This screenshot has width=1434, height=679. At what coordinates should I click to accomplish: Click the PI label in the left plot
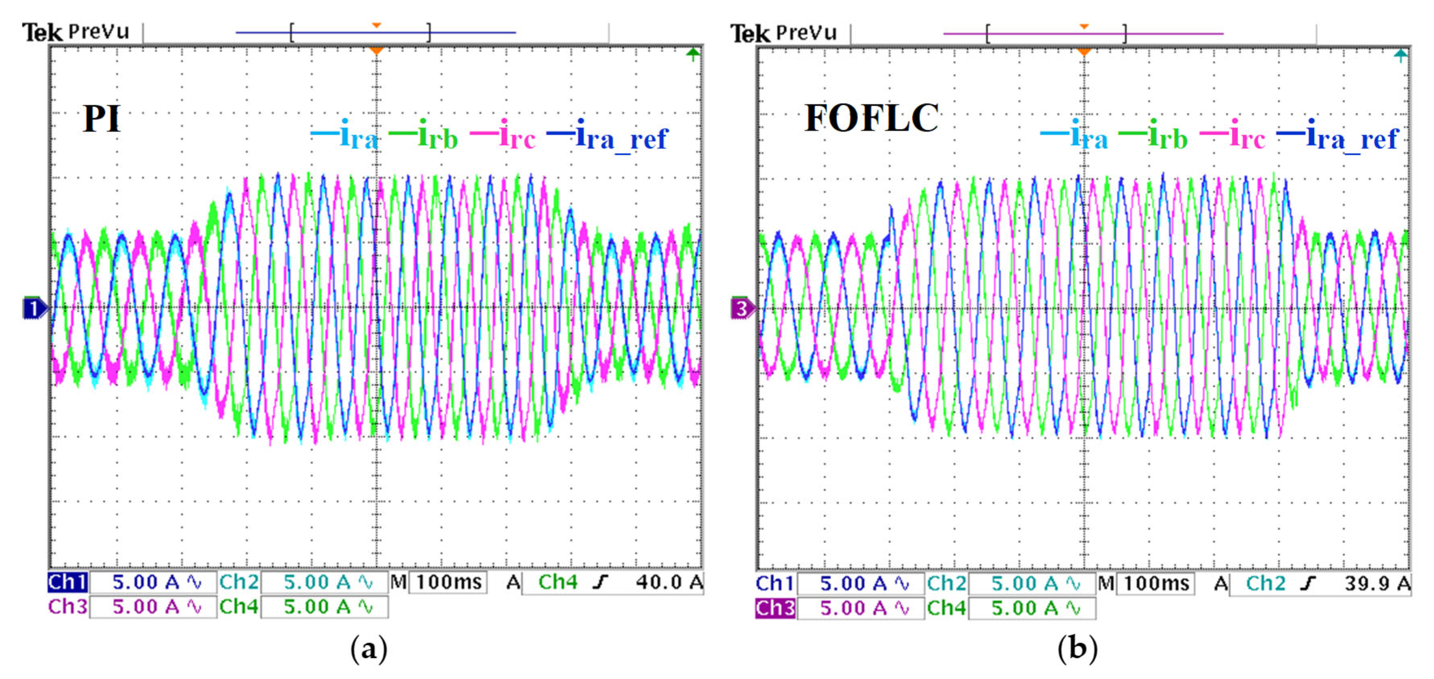101,118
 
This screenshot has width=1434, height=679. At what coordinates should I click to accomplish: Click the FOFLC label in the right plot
871,118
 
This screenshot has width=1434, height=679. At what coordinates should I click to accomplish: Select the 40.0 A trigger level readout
668,582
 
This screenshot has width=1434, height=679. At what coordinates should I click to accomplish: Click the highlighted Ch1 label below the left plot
67,582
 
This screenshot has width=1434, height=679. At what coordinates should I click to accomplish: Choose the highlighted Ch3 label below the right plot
775,608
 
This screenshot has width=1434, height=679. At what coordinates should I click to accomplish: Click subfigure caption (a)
368,648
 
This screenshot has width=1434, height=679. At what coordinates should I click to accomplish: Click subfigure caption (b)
1077,648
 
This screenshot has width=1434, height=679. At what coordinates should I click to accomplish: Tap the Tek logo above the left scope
42,32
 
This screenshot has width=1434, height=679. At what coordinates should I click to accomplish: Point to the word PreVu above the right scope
807,33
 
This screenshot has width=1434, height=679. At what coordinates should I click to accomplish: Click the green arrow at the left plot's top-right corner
693,54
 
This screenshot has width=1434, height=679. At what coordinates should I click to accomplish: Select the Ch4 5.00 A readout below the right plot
1010,608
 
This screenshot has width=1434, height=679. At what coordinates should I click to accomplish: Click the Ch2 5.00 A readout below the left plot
303,582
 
